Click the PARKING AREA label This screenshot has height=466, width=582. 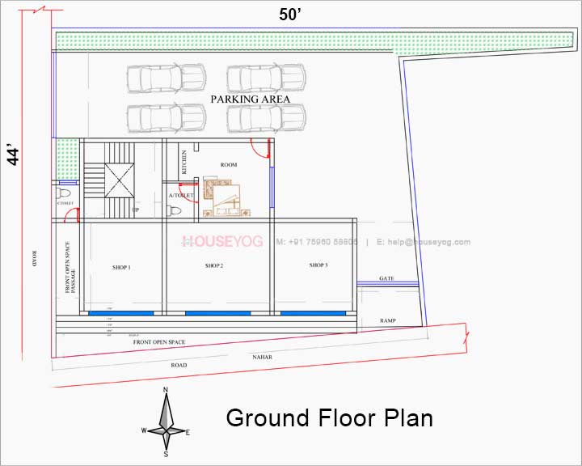(x=250, y=99)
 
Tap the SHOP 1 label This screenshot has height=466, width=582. (x=122, y=266)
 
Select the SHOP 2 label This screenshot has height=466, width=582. (x=214, y=265)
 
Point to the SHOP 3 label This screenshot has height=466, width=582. (x=318, y=265)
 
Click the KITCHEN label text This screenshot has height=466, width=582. (x=184, y=162)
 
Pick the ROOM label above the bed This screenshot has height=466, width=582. (x=229, y=164)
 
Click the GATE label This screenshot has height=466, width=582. (x=386, y=278)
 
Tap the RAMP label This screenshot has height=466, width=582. (x=388, y=321)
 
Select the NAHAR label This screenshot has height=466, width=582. (x=261, y=354)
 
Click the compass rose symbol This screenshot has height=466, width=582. (x=166, y=422)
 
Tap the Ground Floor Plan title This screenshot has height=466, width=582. (x=329, y=417)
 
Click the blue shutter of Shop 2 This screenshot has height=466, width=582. (x=217, y=313)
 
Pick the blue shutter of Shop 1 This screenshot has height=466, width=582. (x=120, y=313)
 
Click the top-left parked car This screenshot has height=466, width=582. (x=154, y=79)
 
